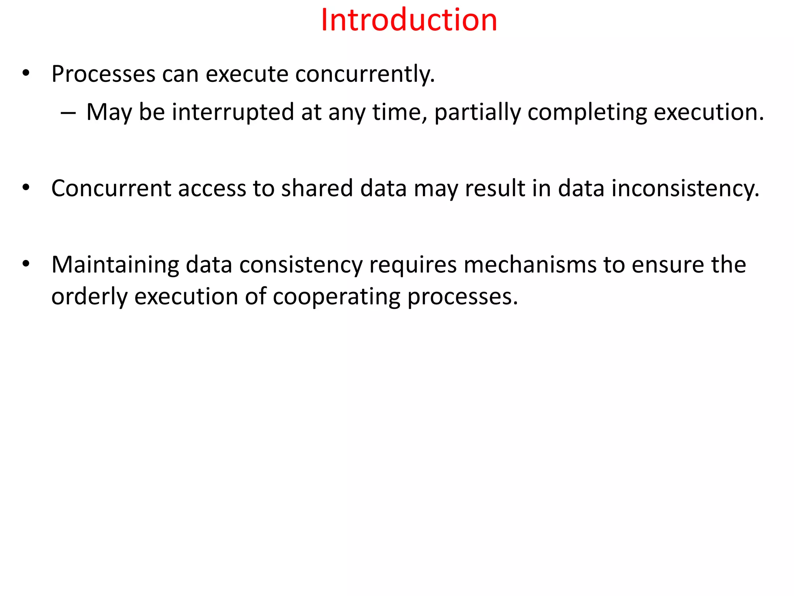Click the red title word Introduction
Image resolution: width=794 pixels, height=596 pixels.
click(x=409, y=20)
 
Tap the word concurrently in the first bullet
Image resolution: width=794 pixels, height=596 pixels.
click(x=365, y=74)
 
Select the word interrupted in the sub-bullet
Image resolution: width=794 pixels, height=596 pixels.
click(x=233, y=112)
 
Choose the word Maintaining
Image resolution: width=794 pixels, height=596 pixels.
click(x=115, y=265)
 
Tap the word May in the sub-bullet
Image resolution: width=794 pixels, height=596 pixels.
click(x=109, y=112)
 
